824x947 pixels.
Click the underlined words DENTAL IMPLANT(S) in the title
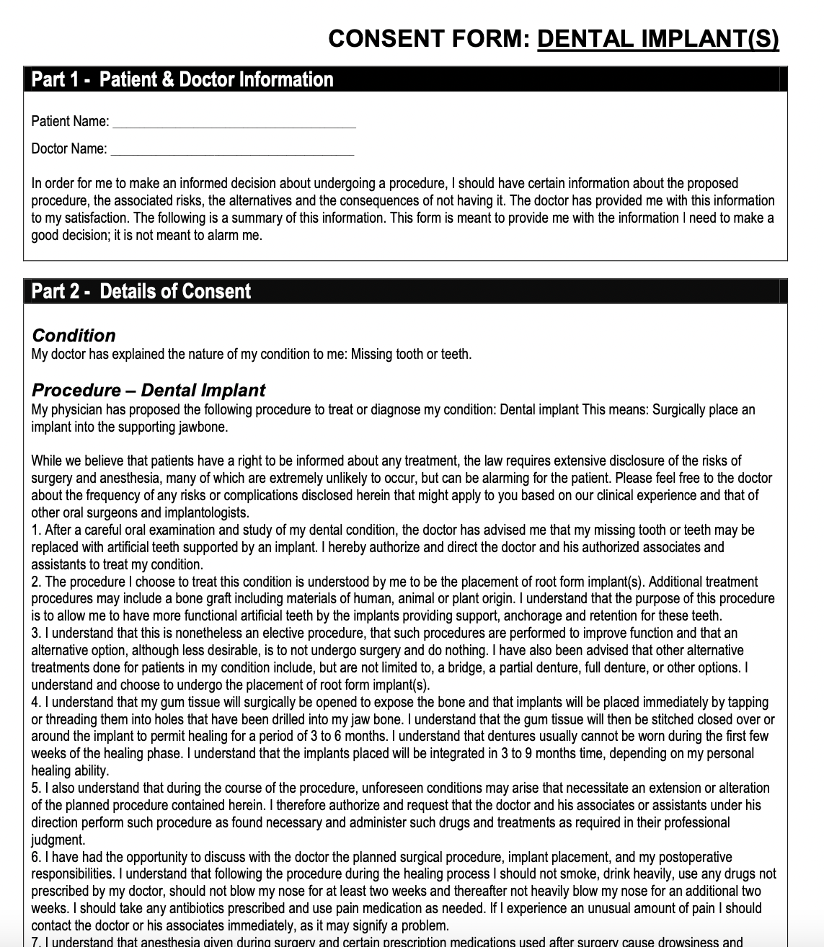(x=658, y=38)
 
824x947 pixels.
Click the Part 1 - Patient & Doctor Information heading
(x=182, y=79)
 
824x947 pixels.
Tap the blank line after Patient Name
(x=234, y=122)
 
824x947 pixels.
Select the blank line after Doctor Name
(x=232, y=149)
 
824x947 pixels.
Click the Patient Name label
(x=70, y=121)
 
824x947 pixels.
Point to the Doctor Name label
(x=68, y=149)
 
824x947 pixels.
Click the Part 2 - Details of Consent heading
(x=141, y=291)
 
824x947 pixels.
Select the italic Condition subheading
(x=74, y=335)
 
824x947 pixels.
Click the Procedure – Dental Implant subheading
(x=149, y=390)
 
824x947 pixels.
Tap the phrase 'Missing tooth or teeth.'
(x=411, y=354)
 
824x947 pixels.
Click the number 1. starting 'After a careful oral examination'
(x=36, y=530)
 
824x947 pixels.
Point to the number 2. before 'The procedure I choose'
(x=36, y=582)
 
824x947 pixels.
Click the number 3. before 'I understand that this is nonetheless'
(x=36, y=633)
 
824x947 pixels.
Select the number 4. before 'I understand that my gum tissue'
(x=36, y=702)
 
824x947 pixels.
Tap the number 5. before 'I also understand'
(x=36, y=788)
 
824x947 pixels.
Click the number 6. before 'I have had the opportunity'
(x=36, y=857)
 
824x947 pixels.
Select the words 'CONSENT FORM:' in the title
(x=430, y=38)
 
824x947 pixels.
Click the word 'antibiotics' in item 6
(x=185, y=909)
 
